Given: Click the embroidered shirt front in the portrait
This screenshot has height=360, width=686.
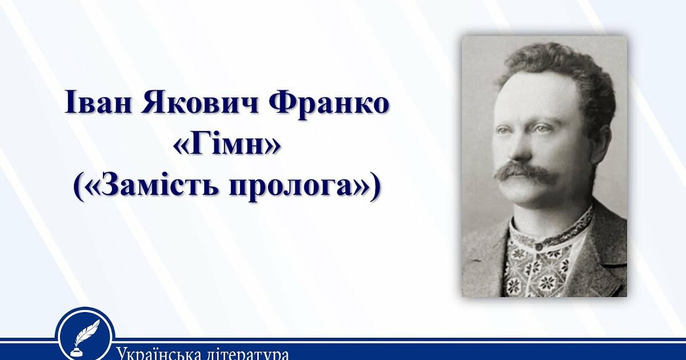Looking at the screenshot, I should tap(537, 269).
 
